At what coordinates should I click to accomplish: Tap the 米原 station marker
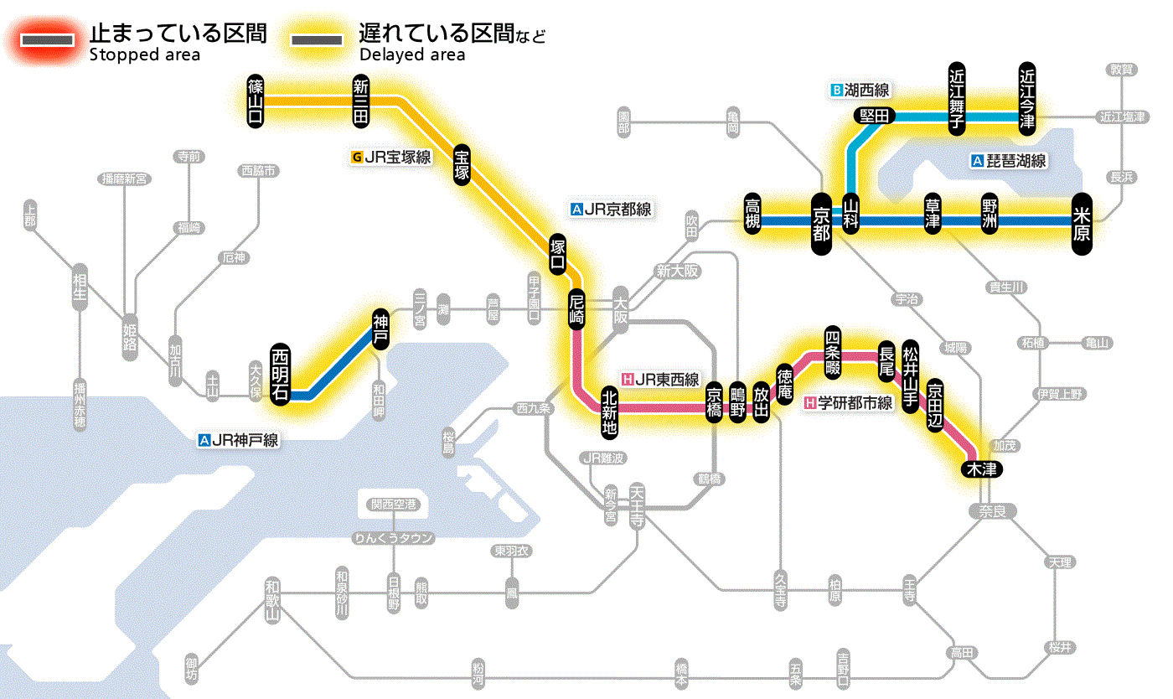coord(1082,223)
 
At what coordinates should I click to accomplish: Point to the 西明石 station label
coord(280,375)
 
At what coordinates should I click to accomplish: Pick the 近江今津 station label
coord(1026,98)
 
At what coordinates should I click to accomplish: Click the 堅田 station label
coord(875,116)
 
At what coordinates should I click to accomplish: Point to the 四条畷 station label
coord(832,350)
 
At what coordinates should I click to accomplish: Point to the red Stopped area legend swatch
coord(50,41)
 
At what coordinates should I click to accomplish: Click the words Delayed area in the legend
coord(411,54)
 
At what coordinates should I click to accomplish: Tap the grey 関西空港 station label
coord(394,505)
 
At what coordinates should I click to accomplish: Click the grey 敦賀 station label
coord(1123,70)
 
